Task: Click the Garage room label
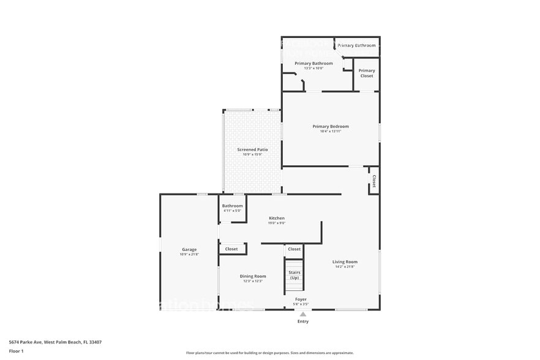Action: [189, 249]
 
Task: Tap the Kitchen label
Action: [277, 218]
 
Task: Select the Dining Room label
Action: [252, 276]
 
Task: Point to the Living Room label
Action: [345, 261]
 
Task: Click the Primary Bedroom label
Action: [331, 126]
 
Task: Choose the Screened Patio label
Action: [252, 149]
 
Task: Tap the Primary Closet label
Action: [366, 73]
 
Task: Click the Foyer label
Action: [301, 299]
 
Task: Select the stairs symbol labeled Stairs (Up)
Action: [294, 275]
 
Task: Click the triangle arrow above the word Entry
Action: [303, 314]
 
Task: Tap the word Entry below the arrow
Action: [303, 321]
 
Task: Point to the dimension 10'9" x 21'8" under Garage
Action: [189, 254]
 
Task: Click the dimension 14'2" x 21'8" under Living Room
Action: [345, 266]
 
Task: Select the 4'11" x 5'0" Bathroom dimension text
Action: [232, 211]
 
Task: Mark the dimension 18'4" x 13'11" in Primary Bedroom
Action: [331, 131]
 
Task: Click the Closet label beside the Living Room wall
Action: [373, 181]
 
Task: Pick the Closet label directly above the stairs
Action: [294, 249]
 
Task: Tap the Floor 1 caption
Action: [16, 351]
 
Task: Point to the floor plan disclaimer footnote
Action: [269, 353]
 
